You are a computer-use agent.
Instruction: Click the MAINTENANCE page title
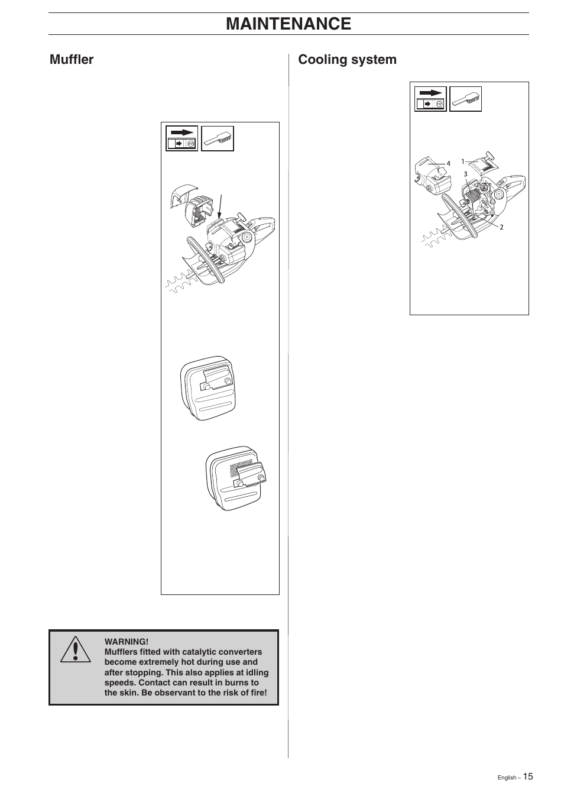point(288,24)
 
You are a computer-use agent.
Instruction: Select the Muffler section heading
point(72,59)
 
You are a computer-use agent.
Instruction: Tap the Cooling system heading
point(347,59)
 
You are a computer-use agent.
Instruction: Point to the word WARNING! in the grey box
point(127,642)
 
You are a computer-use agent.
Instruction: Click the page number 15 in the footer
point(527,777)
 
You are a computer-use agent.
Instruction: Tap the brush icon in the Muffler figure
point(218,138)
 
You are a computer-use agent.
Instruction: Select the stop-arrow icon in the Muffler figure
point(181,138)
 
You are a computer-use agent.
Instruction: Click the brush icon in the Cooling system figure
point(466,99)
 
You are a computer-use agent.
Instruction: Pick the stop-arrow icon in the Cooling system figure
point(430,99)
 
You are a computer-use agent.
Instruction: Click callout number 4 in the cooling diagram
point(448,164)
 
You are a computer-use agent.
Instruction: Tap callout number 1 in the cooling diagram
point(463,161)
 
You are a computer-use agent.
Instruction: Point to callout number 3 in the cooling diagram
point(465,174)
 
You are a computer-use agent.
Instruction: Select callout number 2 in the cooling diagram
point(501,227)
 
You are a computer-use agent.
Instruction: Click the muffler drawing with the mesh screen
point(235,478)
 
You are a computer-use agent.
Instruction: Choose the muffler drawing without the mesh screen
point(208,387)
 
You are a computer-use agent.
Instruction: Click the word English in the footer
point(507,778)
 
